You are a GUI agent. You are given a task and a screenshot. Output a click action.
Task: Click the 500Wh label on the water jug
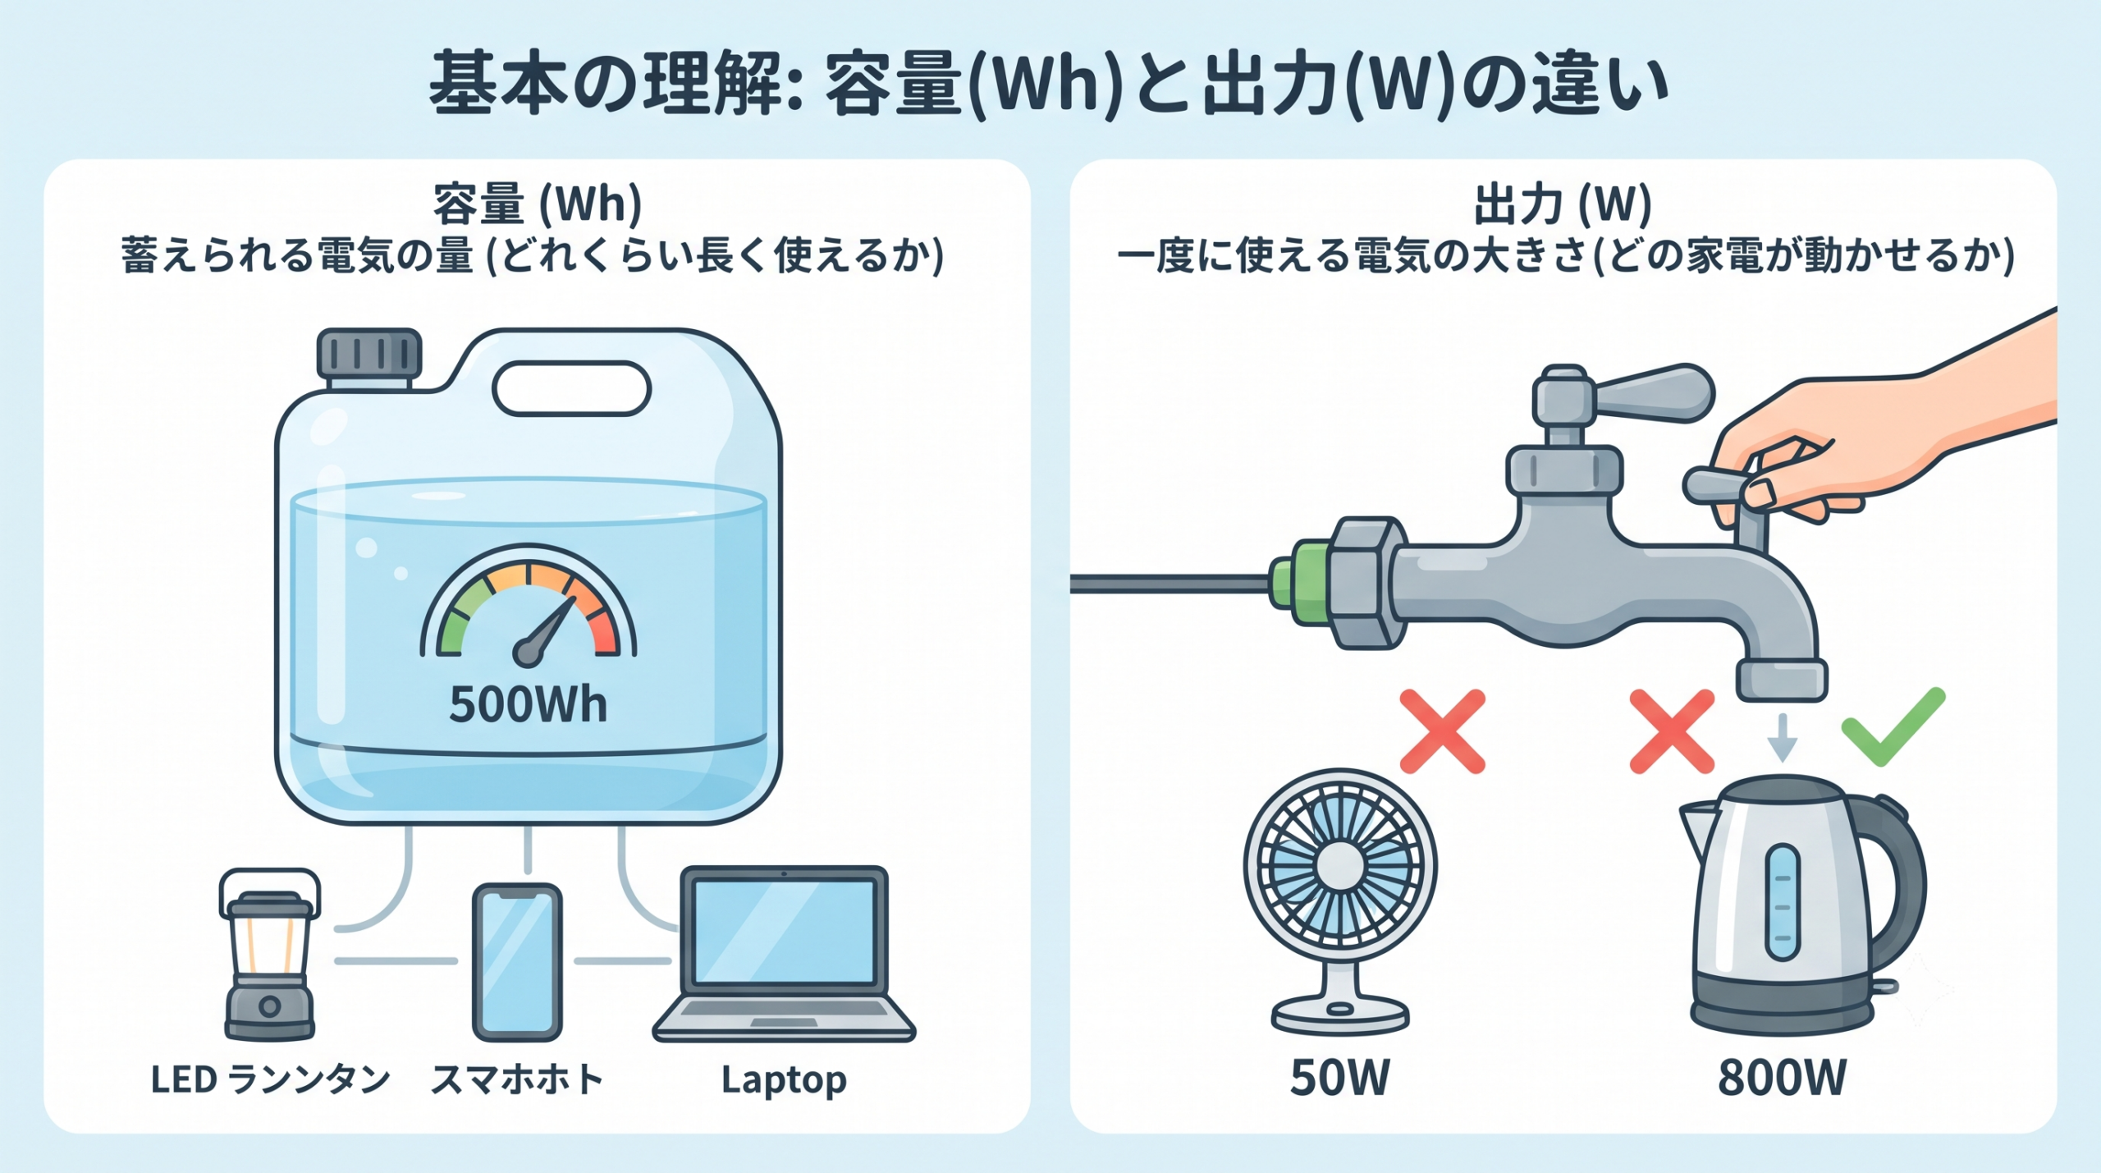528,704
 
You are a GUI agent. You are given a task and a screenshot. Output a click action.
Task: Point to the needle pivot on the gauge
526,652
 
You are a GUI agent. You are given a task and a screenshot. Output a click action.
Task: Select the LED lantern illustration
269,955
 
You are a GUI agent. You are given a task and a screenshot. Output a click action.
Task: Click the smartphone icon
517,962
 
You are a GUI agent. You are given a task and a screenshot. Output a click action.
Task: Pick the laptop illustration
784,954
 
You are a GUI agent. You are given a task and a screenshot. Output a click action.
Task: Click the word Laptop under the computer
784,1080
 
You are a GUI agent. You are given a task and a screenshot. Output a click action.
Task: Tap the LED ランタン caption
270,1079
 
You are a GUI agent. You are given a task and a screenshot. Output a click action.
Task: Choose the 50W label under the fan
1339,1078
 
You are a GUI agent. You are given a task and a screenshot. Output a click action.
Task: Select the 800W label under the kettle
1782,1078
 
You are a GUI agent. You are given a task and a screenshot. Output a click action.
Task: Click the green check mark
1893,727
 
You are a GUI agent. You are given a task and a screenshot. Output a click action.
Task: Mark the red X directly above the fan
1442,731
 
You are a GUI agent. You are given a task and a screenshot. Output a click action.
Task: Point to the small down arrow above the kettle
1782,737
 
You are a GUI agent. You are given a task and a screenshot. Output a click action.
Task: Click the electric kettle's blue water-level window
1782,902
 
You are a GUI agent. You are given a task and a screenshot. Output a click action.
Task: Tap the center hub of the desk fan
1339,865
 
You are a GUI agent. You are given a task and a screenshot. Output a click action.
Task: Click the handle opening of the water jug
571,388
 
